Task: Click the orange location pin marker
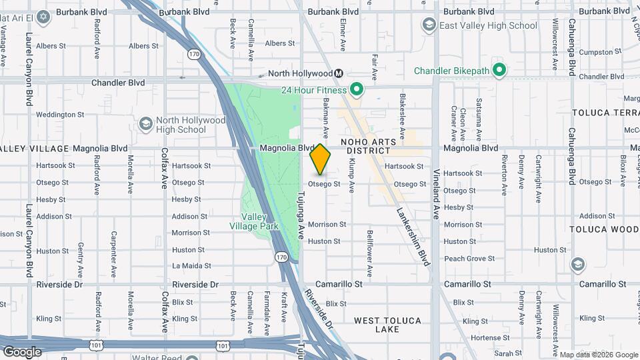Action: coord(321,159)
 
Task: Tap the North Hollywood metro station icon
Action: coord(339,73)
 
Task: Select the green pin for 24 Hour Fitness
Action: coord(357,89)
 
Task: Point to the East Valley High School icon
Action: coord(429,25)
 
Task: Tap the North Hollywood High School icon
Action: coord(145,124)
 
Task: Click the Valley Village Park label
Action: coord(254,221)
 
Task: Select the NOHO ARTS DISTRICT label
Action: coord(369,146)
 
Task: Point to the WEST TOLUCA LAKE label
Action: coord(387,325)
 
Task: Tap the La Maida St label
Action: coord(191,265)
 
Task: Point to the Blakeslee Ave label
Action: coord(403,111)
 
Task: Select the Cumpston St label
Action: coord(600,51)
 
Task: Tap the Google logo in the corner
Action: coord(22,351)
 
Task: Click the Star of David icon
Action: coord(43,16)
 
